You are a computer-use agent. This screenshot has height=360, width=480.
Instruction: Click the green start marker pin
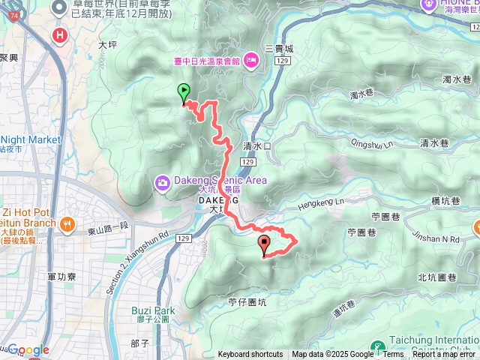184,93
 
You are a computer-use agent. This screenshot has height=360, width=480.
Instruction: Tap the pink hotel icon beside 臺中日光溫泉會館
251,60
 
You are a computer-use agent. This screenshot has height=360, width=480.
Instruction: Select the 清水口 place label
256,146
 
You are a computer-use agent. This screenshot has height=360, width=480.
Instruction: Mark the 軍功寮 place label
61,277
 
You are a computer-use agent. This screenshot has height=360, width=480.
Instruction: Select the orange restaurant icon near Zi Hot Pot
67,223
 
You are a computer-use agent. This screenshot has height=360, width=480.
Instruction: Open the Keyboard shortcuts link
250,355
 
